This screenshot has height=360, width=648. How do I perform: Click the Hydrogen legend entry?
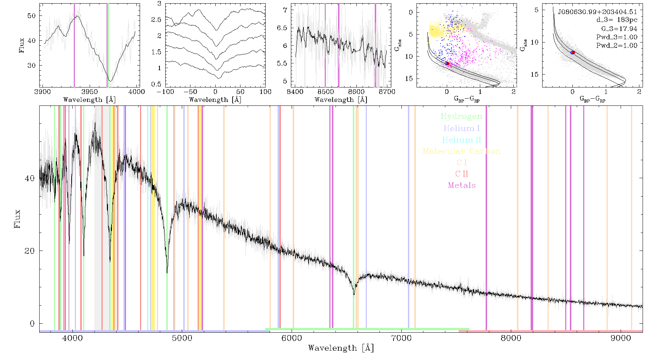[x=461, y=116]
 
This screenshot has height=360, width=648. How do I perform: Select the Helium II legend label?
[x=462, y=140]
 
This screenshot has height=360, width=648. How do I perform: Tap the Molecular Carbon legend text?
[x=462, y=151]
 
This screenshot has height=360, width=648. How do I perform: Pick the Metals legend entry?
[x=462, y=185]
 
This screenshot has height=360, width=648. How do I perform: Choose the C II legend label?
[x=462, y=174]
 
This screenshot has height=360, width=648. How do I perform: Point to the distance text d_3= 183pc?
[x=617, y=20]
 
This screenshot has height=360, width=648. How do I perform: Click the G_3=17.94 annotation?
[x=619, y=29]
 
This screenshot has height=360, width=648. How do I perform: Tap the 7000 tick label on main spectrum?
[x=401, y=338]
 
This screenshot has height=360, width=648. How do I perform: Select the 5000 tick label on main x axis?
[x=182, y=338]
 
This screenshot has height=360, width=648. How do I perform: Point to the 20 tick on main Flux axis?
[x=30, y=251]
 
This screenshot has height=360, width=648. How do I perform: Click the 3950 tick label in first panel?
[x=90, y=91]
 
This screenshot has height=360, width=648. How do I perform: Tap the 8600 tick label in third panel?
[x=357, y=91]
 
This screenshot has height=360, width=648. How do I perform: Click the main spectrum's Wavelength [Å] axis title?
[x=341, y=348]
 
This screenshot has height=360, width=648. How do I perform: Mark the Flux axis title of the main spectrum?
[x=17, y=219]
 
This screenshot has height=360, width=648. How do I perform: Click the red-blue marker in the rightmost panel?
[x=572, y=53]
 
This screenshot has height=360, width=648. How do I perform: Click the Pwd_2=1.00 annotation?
[x=617, y=46]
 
